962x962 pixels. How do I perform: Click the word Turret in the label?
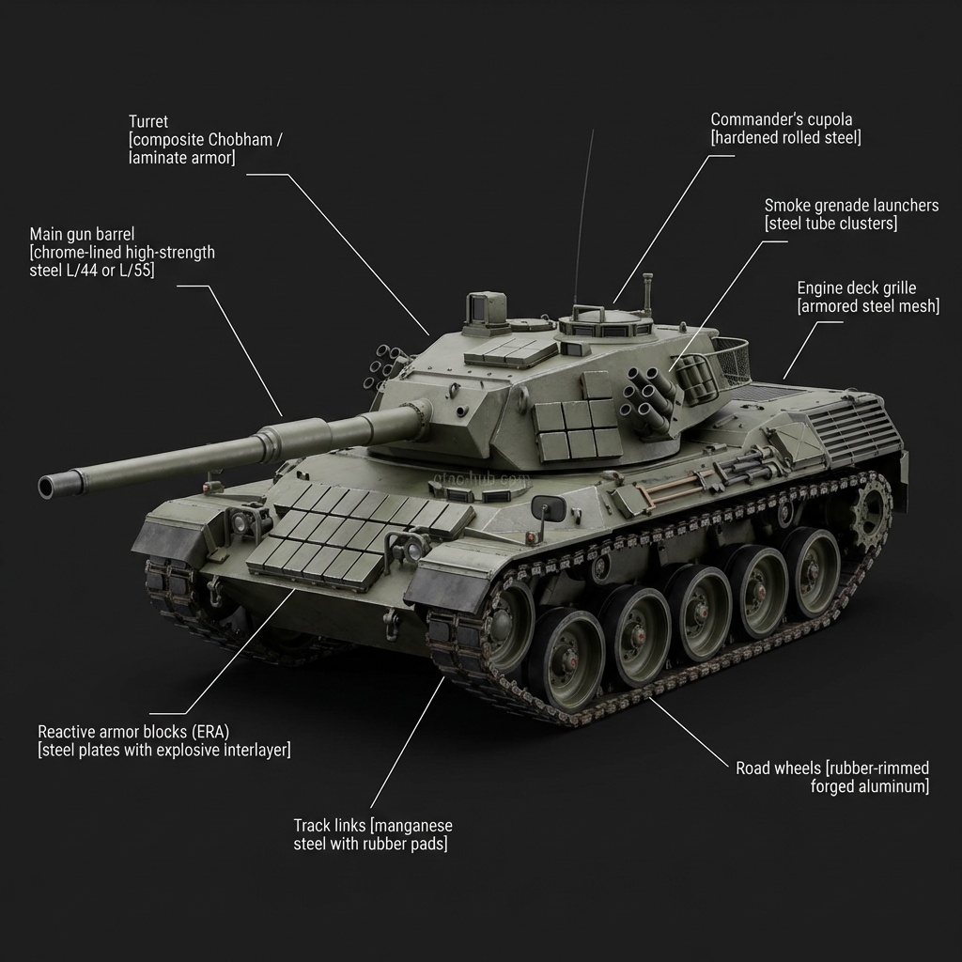(147, 121)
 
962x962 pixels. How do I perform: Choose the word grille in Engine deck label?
(896, 288)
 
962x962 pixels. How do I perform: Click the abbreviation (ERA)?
(209, 732)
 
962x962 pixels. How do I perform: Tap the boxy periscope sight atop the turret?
(486, 307)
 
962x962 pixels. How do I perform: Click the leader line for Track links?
(408, 742)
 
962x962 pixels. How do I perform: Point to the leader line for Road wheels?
(689, 732)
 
